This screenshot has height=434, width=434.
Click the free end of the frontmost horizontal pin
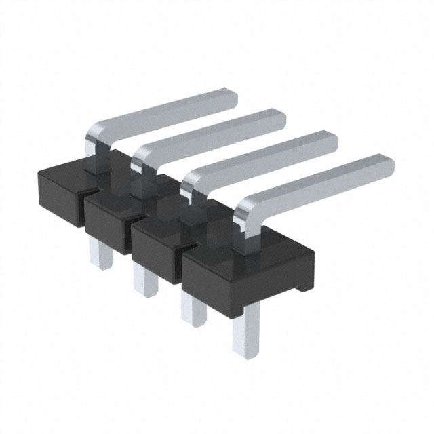pyautogui.click(x=385, y=164)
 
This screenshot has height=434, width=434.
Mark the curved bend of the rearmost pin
pyautogui.click(x=95, y=133)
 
